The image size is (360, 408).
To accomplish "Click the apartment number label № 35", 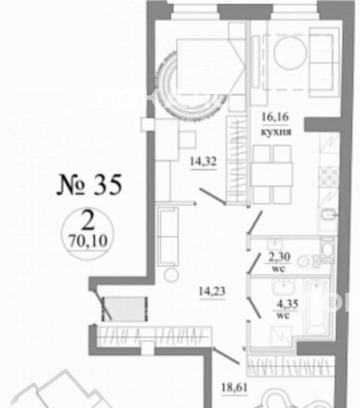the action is [x=89, y=184].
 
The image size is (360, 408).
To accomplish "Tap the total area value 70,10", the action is [x=88, y=241].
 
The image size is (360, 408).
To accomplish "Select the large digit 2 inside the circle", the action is [x=88, y=221].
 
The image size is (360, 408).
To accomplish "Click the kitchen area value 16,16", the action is [x=275, y=116].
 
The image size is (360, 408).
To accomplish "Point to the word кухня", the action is [x=276, y=133].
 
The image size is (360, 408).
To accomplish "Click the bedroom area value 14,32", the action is [x=203, y=161].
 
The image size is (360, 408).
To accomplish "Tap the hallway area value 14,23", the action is [x=212, y=291].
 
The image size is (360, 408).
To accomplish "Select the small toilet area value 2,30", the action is [x=279, y=257].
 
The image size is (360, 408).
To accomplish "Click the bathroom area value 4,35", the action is [x=288, y=304].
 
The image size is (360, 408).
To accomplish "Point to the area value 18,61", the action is [x=234, y=387].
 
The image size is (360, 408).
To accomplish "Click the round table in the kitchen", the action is [x=290, y=53].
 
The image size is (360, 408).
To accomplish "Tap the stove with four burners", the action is [x=329, y=177].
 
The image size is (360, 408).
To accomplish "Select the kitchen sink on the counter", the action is [x=329, y=217].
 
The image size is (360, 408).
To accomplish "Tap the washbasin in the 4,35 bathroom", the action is [x=284, y=286].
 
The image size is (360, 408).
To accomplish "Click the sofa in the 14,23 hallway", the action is [x=168, y=236].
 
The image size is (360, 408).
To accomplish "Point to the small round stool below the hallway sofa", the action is [x=172, y=275].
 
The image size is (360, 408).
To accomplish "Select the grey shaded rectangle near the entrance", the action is [x=124, y=309].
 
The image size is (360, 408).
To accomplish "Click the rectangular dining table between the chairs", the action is [x=272, y=174].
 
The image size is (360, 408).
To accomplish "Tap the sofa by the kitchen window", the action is [x=323, y=62].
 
